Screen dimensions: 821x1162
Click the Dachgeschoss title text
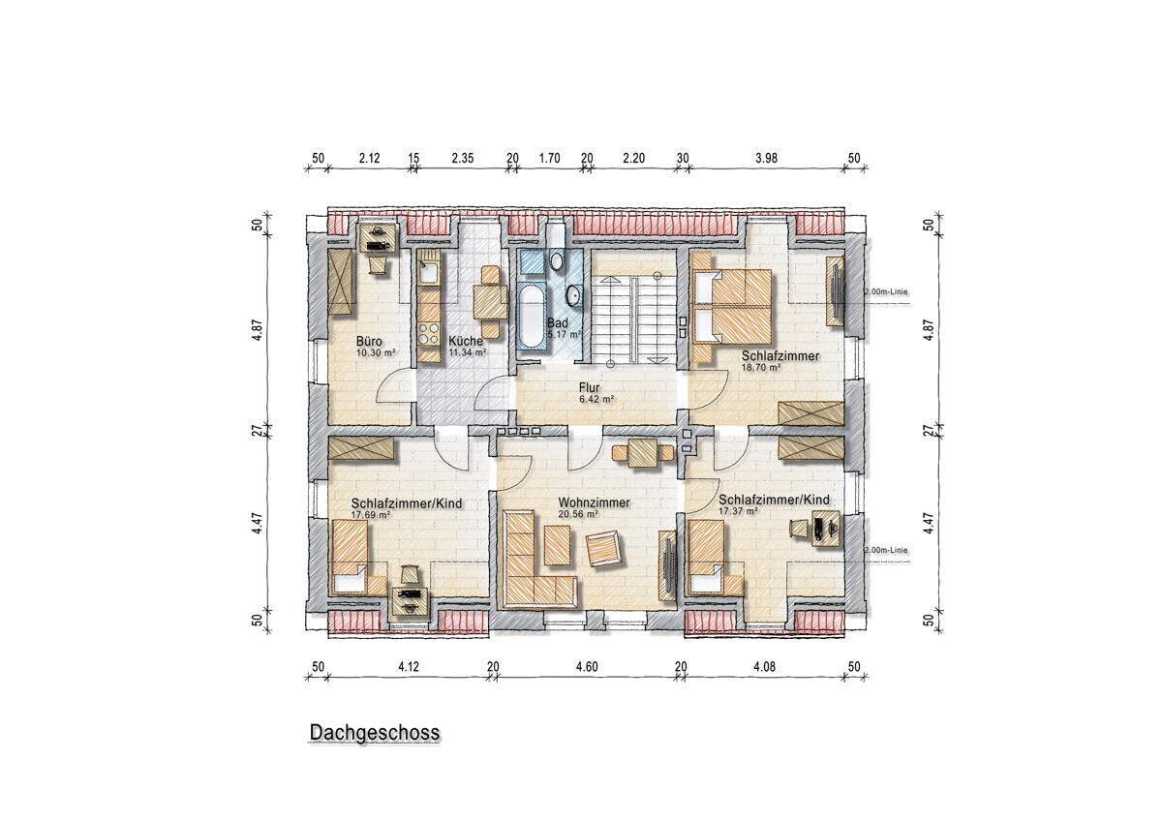click(374, 733)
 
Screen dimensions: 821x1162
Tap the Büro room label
click(369, 342)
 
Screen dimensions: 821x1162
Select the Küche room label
click(464, 342)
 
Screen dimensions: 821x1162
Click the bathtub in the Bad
click(532, 315)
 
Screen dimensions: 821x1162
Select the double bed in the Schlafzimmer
click(734, 304)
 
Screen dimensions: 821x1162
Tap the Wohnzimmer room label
click(594, 503)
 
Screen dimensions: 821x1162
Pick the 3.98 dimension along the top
click(766, 158)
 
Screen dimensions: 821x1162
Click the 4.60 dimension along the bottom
click(587, 666)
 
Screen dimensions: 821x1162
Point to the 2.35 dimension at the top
click(462, 158)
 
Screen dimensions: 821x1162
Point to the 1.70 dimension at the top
click(549, 158)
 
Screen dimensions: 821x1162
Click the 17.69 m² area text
click(370, 515)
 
